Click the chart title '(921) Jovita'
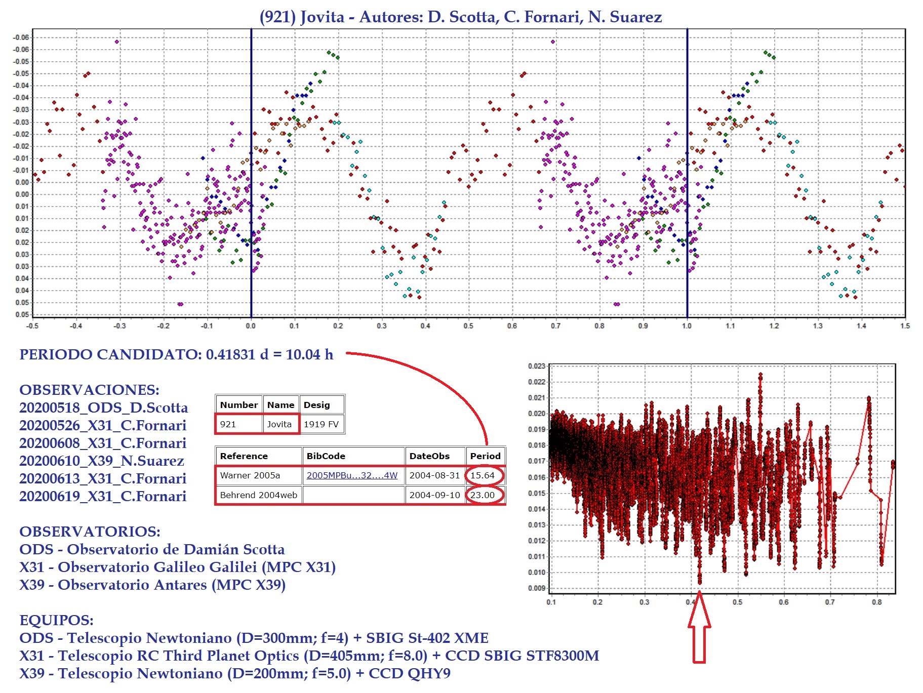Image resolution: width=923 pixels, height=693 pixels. coord(302,17)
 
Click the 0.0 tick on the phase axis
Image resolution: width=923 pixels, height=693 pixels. coord(251,326)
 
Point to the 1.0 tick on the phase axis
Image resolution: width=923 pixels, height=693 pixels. coord(687,326)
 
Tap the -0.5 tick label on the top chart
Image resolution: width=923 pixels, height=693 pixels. coord(32,326)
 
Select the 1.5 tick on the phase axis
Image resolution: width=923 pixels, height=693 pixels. coord(905,326)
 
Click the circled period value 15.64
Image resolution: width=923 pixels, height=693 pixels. coord(483,475)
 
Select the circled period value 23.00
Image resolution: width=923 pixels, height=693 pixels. coord(483,495)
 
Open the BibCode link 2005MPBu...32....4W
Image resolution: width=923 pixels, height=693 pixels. coord(352,475)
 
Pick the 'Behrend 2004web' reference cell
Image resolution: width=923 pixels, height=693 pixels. coord(258,495)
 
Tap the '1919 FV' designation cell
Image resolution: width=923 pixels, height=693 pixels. coord(321,424)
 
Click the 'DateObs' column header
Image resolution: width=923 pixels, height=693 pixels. coord(429,456)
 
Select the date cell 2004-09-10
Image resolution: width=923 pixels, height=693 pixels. coord(434,495)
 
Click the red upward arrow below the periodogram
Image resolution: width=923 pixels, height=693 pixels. coord(699,628)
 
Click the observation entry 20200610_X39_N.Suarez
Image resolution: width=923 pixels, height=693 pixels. coord(102,461)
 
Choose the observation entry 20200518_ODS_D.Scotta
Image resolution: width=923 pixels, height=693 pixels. coord(103,407)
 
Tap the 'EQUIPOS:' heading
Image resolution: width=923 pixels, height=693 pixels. coord(56,620)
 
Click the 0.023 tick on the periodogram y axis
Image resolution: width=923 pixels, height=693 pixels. coord(536,366)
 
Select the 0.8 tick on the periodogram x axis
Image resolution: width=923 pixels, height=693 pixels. coord(876,602)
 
